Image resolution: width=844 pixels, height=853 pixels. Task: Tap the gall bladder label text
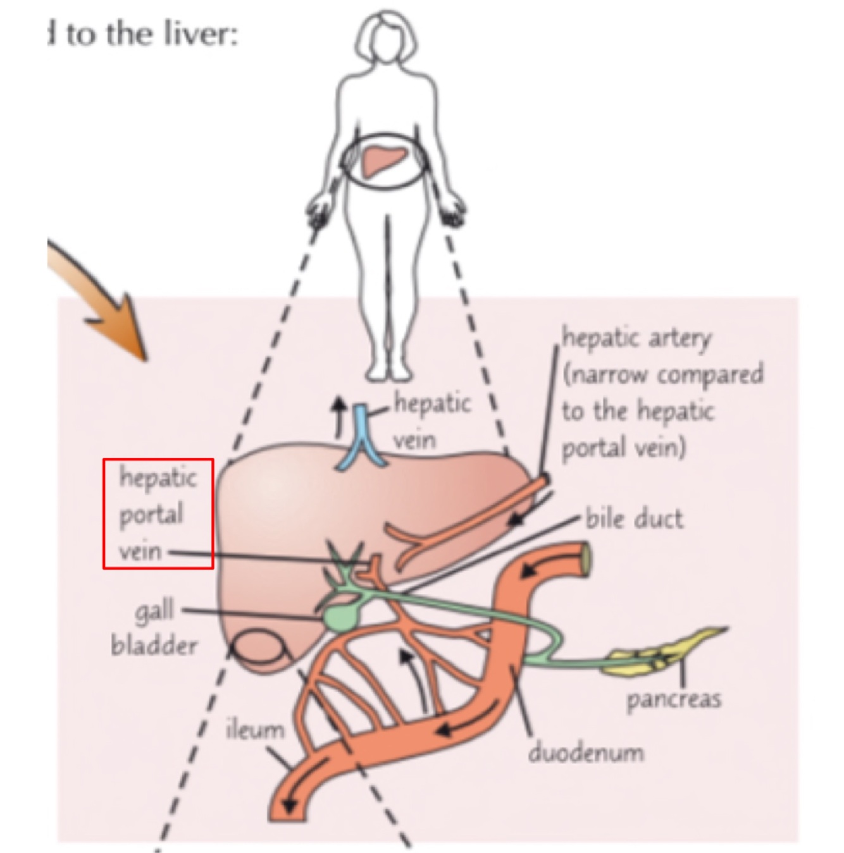click(154, 628)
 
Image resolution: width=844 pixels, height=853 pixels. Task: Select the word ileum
click(255, 729)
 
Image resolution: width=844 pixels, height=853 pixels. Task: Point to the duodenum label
click(586, 752)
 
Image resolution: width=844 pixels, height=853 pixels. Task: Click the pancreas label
click(673, 699)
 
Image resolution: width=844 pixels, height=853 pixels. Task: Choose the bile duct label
click(634, 519)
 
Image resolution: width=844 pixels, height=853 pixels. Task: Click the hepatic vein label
click(432, 420)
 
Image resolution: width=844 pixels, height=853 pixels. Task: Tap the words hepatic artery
click(636, 337)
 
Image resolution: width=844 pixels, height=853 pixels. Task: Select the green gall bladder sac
click(340, 617)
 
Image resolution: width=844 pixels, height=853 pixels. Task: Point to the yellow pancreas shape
click(664, 651)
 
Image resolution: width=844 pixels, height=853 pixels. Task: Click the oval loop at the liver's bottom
click(258, 648)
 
